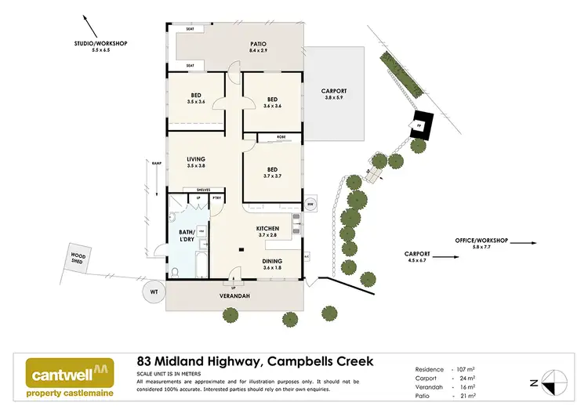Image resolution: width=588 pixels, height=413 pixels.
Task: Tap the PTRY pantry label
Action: (x=216, y=197)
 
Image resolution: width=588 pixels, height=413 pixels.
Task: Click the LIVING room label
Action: (x=184, y=161)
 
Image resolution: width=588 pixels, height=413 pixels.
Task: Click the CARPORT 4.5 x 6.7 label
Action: (x=417, y=257)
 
